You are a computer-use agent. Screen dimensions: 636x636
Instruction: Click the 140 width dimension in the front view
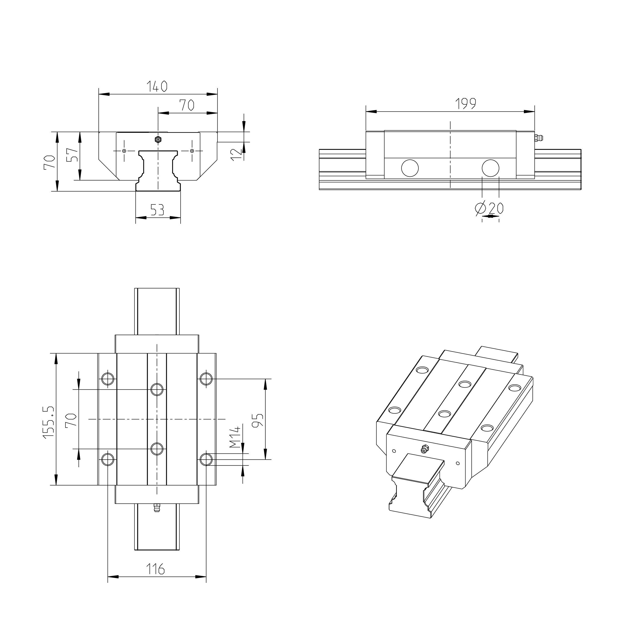click(x=157, y=86)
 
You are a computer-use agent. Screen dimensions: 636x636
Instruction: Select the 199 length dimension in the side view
click(x=465, y=104)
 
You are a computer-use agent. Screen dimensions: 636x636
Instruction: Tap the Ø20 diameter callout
click(x=489, y=208)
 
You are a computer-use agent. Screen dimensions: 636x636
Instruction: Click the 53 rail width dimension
click(x=157, y=210)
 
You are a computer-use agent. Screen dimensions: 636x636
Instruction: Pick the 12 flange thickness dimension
click(x=236, y=154)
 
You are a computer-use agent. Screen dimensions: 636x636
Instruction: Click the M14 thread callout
click(x=235, y=438)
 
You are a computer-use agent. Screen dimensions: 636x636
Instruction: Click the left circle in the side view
click(x=410, y=168)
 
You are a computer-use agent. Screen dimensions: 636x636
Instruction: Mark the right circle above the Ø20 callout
click(x=490, y=168)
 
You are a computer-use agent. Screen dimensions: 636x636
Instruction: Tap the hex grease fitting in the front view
click(x=158, y=140)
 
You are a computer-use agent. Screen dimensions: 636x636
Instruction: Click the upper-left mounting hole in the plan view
click(x=108, y=379)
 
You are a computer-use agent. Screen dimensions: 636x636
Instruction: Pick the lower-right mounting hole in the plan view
click(x=206, y=459)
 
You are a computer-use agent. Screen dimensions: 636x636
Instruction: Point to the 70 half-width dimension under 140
click(x=187, y=105)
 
